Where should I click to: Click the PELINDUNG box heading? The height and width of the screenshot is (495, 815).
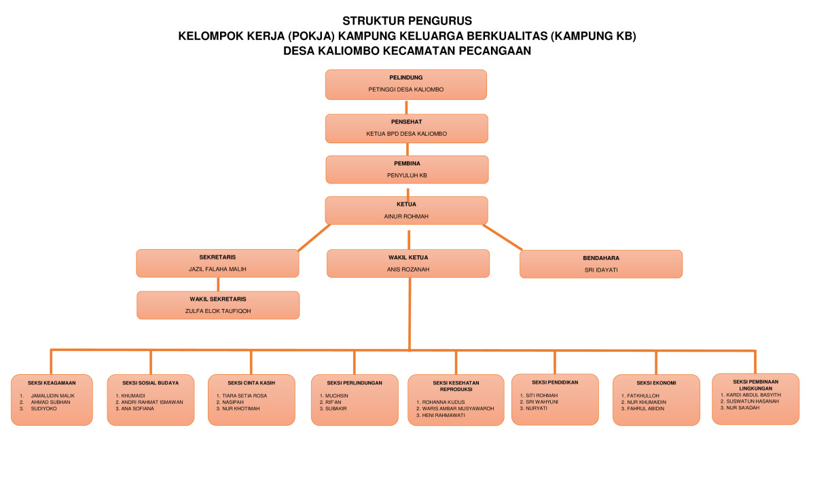(406, 77)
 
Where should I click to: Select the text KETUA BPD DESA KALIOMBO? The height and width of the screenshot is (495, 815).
(406, 134)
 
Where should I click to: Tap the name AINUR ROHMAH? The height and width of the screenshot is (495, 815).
(406, 217)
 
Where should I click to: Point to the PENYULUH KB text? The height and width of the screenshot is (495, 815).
(406, 175)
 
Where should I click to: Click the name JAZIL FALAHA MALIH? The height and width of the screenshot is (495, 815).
(217, 270)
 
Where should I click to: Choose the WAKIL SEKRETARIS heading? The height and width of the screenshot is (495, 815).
(217, 299)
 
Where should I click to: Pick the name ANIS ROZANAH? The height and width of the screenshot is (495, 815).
(407, 270)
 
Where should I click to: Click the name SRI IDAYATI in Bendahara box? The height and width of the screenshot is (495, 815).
(600, 270)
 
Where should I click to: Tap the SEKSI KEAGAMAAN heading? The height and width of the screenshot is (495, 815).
(52, 383)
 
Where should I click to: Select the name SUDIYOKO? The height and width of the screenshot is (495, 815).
(44, 409)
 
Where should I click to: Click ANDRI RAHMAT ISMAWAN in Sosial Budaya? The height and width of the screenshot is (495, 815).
(152, 402)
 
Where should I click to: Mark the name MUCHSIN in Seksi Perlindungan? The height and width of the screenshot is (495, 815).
(338, 395)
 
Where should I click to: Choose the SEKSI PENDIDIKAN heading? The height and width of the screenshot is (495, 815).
(555, 382)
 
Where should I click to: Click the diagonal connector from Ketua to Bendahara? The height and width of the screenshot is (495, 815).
(503, 237)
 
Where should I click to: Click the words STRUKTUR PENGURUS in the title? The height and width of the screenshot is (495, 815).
(407, 20)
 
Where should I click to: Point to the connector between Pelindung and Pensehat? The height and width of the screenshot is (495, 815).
(406, 107)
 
